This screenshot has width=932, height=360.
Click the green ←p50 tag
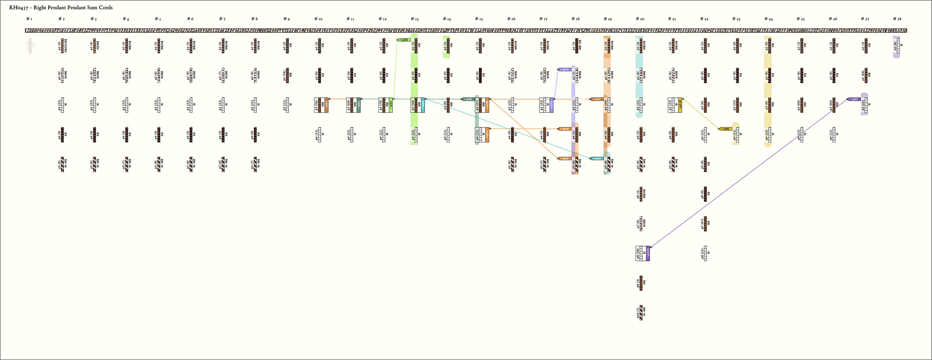point(404,40)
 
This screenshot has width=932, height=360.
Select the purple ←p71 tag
point(565,70)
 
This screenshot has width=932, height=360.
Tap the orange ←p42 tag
point(597,99)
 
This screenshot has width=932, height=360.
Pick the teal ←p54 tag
point(597,158)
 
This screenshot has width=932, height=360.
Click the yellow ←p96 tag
point(726,129)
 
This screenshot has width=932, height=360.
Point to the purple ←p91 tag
point(854,99)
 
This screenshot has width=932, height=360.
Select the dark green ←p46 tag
point(469,99)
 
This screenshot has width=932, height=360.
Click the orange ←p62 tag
point(565,158)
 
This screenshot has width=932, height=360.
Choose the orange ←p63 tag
point(565,129)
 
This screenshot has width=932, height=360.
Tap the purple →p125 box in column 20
point(648,254)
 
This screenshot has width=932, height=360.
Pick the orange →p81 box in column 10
point(326,105)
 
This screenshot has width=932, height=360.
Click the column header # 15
point(479,19)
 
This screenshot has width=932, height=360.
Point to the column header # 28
point(897,19)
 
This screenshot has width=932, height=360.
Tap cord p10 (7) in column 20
point(641,313)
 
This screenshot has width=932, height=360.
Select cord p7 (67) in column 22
point(705,224)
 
